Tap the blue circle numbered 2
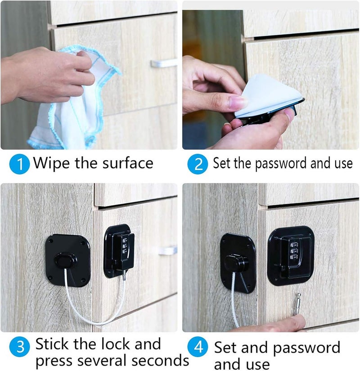point(198,164)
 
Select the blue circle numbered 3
point(19,347)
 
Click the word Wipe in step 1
point(51,163)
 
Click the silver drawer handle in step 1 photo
point(164,63)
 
